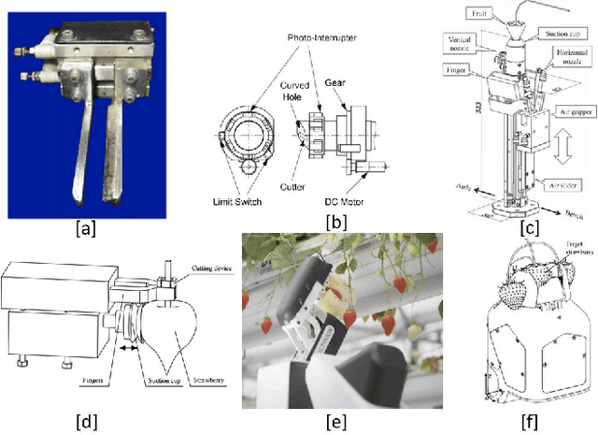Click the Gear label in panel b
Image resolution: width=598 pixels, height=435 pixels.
tap(349, 82)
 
